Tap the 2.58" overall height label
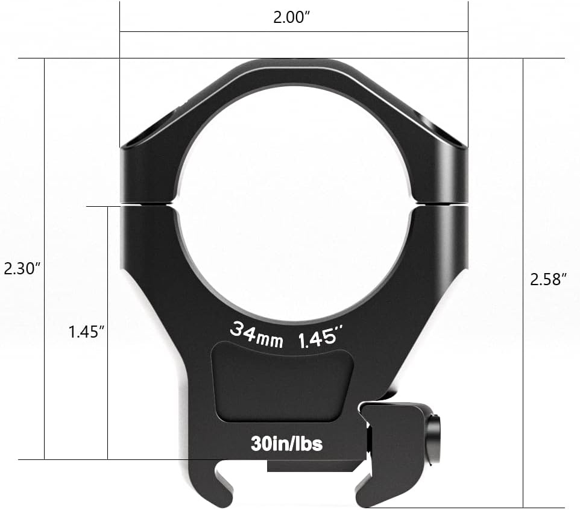pos(549,279)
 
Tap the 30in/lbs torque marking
pos(286,444)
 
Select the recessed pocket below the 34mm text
pos(282,380)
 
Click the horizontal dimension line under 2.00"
pos(294,31)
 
